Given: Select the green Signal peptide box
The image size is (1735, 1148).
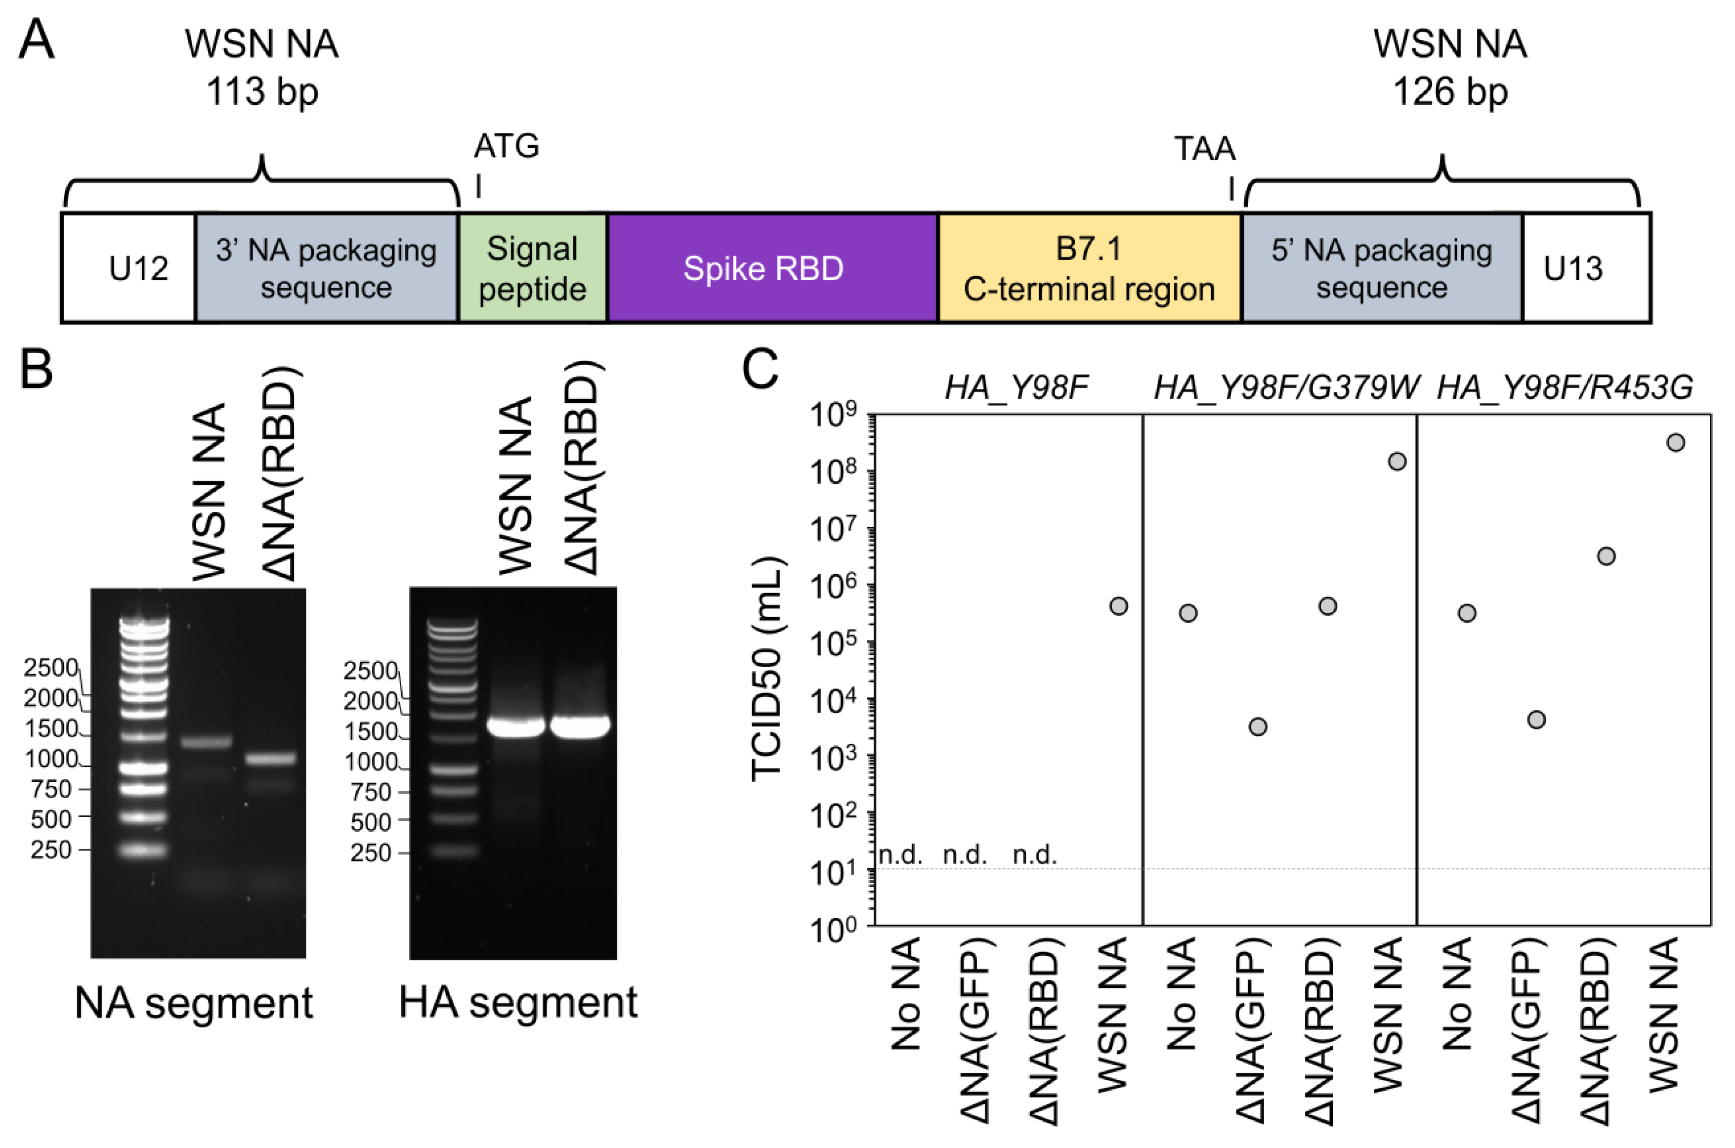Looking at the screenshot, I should tap(532, 268).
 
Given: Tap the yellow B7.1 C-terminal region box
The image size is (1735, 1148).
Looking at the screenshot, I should tap(1089, 268).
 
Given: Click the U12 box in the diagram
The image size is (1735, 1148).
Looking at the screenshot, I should tap(129, 268).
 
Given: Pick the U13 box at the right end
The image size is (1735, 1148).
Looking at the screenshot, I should tap(1586, 268).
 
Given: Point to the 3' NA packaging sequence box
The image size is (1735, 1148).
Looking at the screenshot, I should tap(327, 268).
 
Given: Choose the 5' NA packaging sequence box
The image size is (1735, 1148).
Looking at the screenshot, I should tap(1381, 268).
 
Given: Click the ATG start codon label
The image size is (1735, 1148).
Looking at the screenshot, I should tap(506, 146).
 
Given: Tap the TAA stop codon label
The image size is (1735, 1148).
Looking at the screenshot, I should tap(1205, 149).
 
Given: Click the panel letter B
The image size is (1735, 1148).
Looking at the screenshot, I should tap(36, 369).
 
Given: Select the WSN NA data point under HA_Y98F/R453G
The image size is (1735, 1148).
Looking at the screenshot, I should tap(1675, 442).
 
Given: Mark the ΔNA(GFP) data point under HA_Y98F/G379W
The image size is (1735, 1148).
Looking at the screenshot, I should tap(1258, 726).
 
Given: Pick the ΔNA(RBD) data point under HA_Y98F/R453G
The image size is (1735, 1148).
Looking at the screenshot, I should tap(1606, 556).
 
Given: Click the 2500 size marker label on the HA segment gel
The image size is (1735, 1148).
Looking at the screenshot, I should tap(370, 671).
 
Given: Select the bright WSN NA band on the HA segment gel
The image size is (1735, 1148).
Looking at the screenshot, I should tap(515, 726).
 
